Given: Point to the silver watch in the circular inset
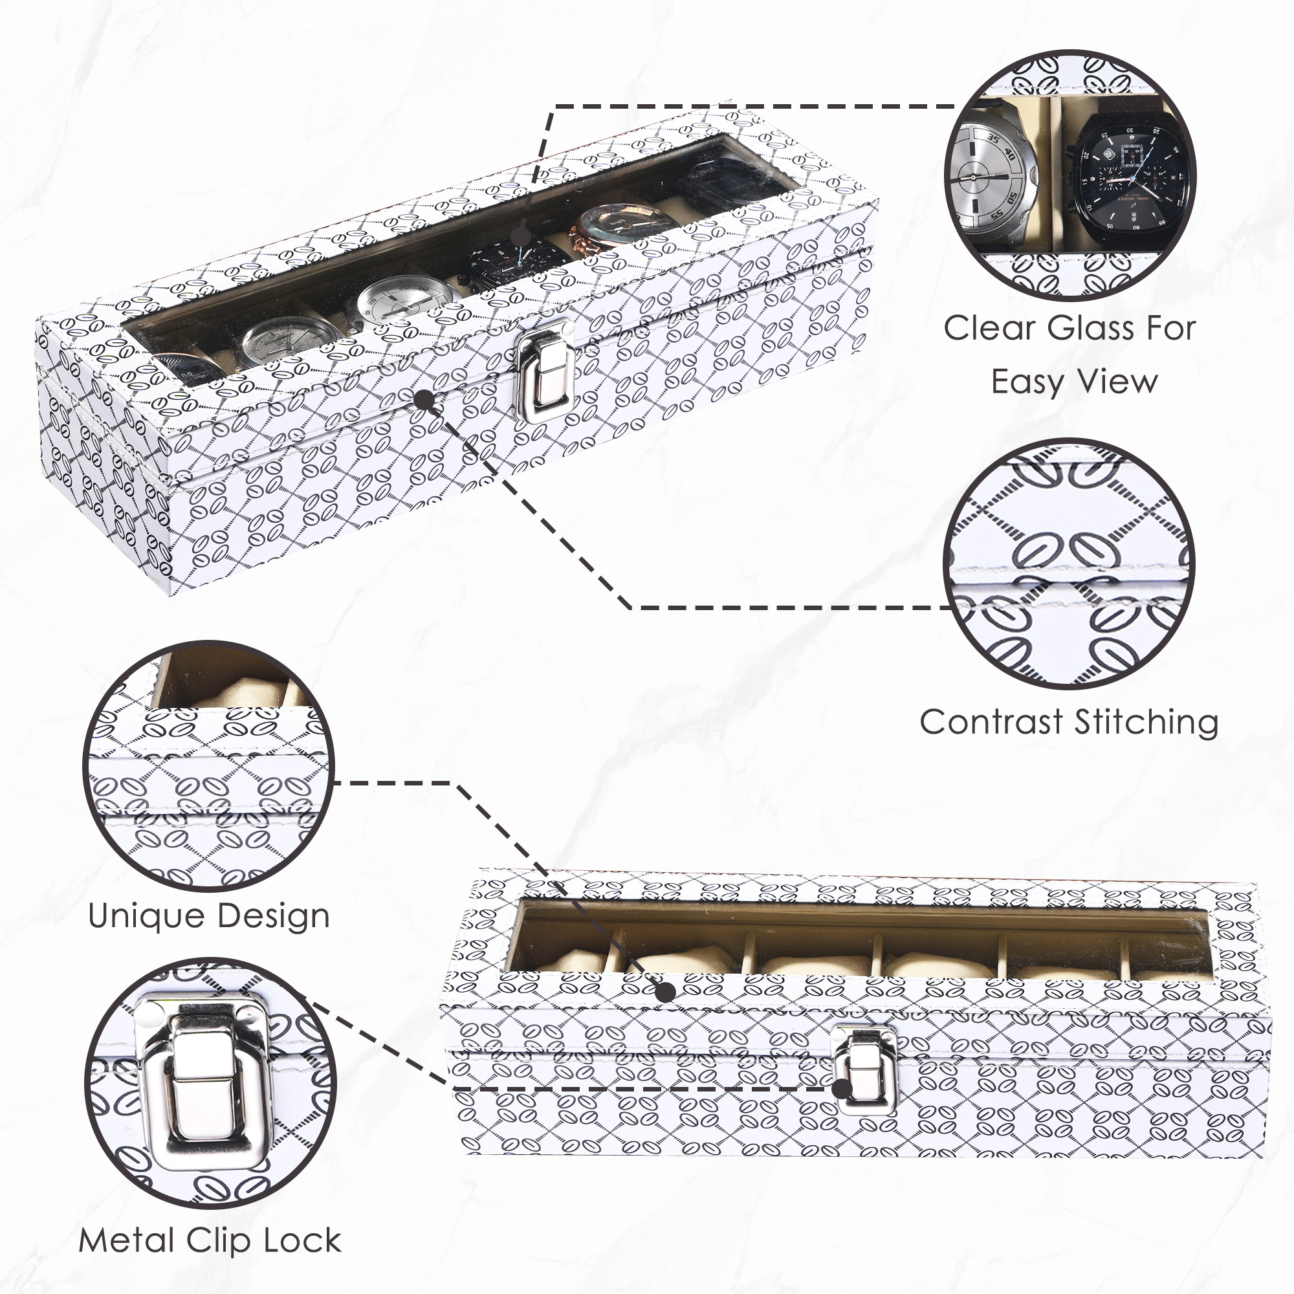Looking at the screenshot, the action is click(990, 179).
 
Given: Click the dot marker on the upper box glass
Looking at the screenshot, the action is click(520, 236).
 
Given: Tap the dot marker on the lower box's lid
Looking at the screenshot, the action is click(664, 992).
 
